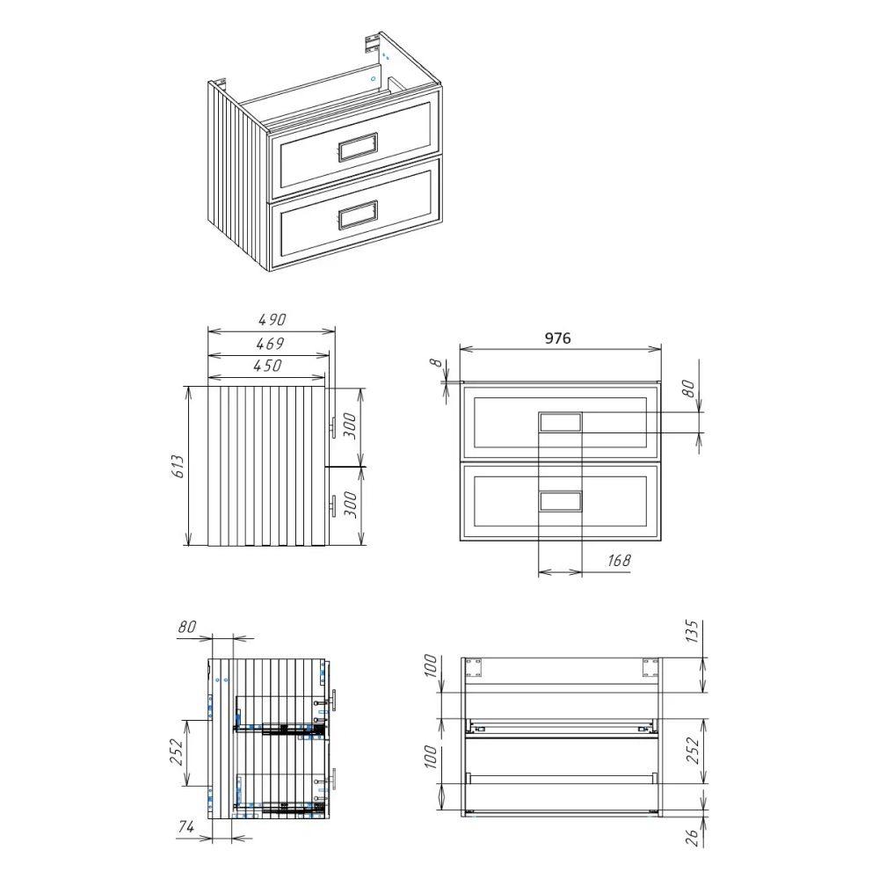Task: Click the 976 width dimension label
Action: pos(560,338)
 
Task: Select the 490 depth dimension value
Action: pos(272,320)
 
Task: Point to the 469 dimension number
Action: pos(268,343)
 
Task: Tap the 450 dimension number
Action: pos(267,366)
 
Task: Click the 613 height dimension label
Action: pos(178,466)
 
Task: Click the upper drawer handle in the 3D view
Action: pos(357,146)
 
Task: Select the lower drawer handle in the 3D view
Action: pos(357,214)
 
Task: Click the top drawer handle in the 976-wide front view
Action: pos(560,423)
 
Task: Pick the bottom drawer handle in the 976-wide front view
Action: pos(560,501)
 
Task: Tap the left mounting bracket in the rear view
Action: pos(474,667)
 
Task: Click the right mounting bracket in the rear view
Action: pos(650,667)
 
